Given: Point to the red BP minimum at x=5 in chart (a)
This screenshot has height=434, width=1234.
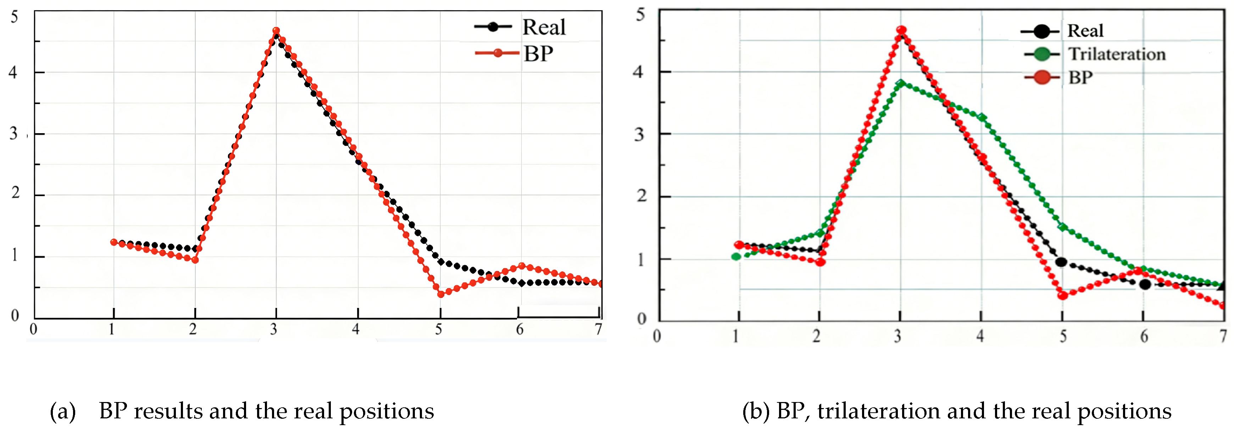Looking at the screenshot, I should (x=441, y=294).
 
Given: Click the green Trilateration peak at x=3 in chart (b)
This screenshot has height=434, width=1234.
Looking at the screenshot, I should (x=901, y=83).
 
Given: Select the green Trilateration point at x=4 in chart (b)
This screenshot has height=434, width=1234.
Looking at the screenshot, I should (x=982, y=118).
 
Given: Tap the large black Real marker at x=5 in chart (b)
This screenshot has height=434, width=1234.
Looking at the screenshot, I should (x=1061, y=262).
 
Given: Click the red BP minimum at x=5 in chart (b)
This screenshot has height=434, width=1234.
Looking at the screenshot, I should (x=1062, y=295).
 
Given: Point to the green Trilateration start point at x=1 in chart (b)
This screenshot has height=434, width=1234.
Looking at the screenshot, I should (x=736, y=256).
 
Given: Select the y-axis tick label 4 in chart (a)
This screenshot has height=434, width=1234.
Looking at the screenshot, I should (x=13, y=72).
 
